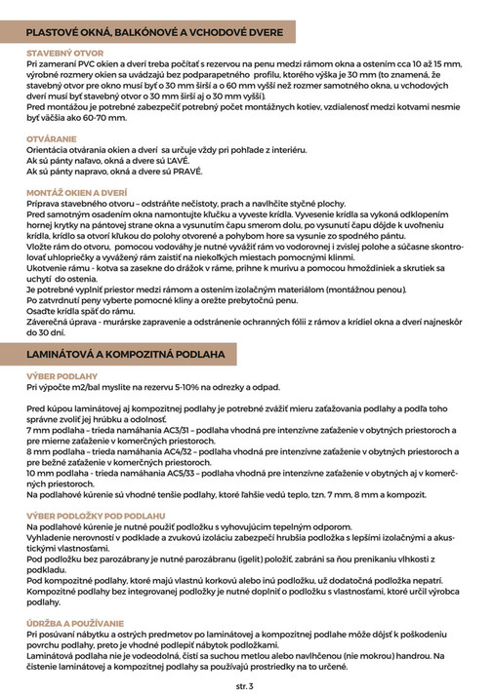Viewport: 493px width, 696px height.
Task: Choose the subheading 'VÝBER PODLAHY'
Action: (x=62, y=375)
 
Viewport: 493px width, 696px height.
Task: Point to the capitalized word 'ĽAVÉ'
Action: (x=176, y=160)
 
